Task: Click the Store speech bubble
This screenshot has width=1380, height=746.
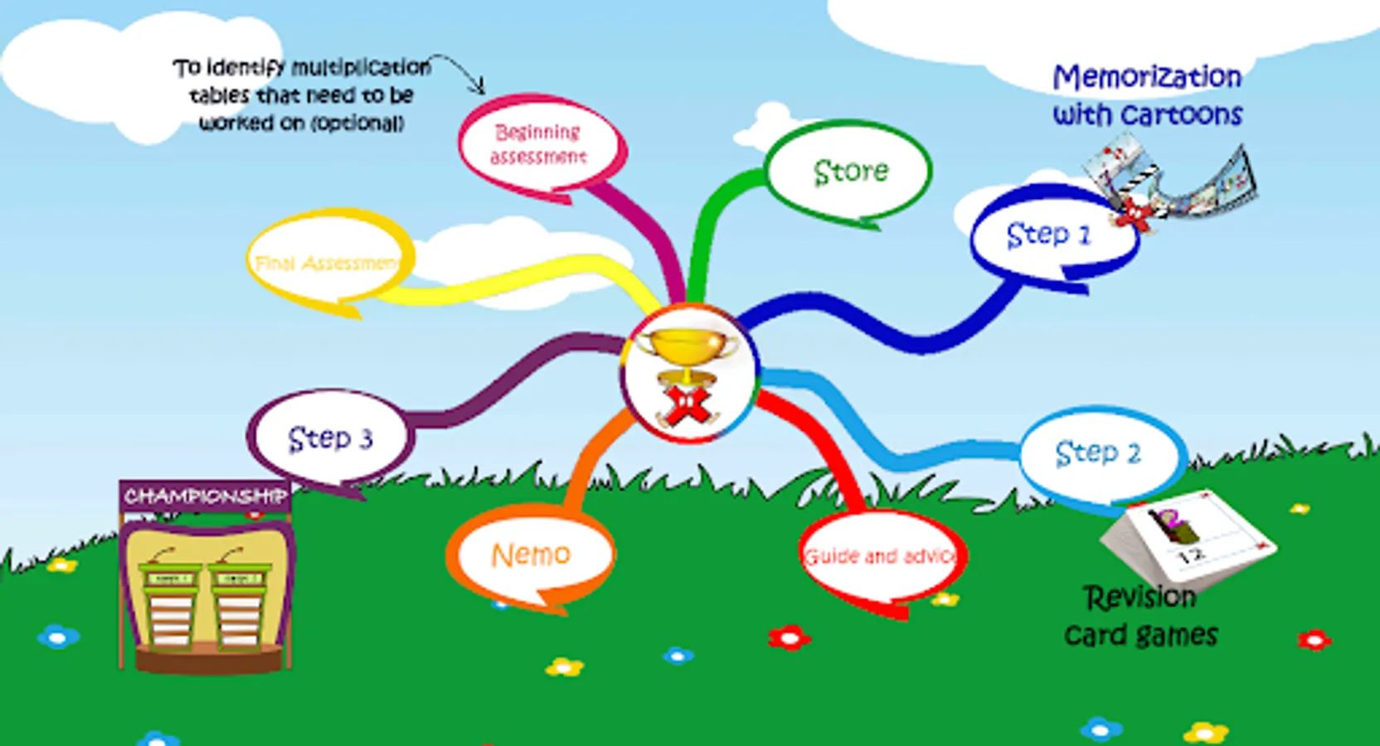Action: (x=849, y=171)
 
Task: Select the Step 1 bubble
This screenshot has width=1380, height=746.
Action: (x=1048, y=235)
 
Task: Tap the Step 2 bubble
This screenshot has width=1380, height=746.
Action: (x=1098, y=453)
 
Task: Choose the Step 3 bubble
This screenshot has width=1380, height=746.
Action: (x=330, y=438)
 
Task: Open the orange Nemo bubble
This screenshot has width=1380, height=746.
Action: (x=531, y=555)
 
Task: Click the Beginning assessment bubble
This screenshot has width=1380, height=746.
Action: (x=538, y=144)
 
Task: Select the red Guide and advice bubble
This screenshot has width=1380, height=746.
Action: (x=881, y=556)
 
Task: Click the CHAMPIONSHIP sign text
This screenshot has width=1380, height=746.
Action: (x=205, y=496)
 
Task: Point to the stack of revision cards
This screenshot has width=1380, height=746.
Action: (x=1188, y=539)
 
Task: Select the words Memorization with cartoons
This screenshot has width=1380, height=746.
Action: (x=1147, y=95)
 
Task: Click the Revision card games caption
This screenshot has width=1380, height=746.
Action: (x=1140, y=616)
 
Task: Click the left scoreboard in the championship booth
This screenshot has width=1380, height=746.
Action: (x=170, y=605)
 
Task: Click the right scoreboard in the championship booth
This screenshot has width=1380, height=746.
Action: (x=239, y=605)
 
